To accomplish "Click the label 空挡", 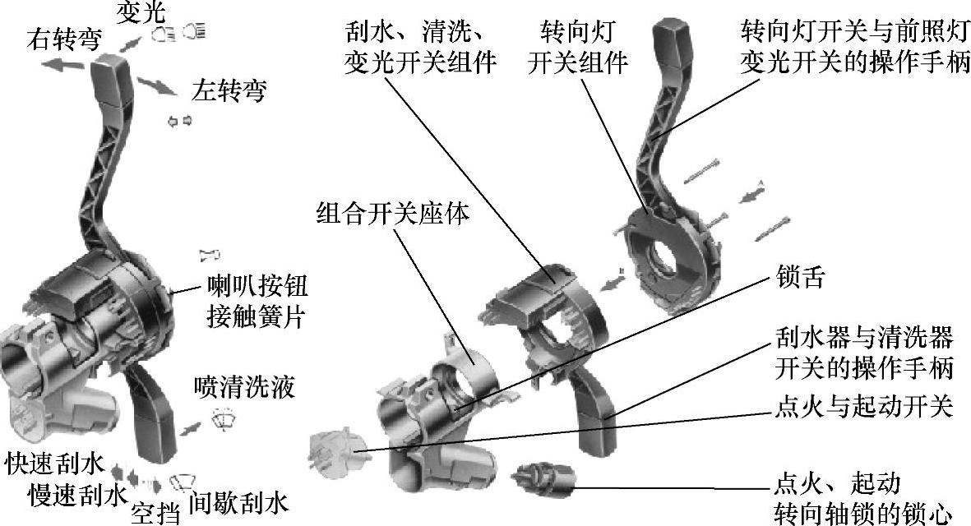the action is pos(155,512).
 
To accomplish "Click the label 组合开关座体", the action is pos(394,215).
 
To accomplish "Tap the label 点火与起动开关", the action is pos(863,405).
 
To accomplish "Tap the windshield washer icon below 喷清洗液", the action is pos(223,417).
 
